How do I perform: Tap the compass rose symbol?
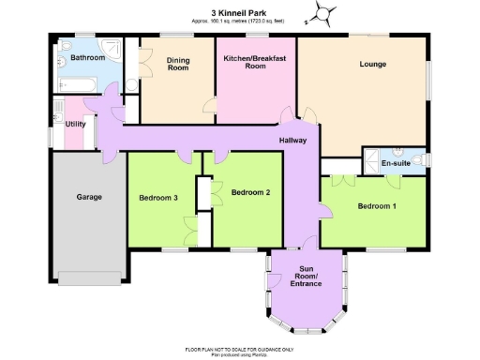325,13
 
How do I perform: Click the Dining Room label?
178,64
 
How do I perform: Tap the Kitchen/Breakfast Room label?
256,62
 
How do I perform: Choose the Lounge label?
372,65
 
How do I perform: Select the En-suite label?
395,163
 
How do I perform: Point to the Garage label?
89,197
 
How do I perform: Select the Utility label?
77,124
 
